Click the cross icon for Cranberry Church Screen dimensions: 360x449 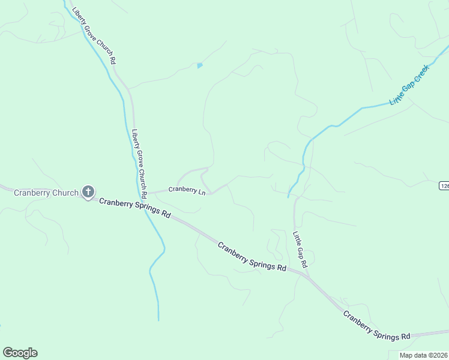pos(88,193)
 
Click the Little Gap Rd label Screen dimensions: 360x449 pos(300,250)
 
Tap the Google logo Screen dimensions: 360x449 pos(20,353)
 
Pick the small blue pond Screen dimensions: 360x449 pos(200,65)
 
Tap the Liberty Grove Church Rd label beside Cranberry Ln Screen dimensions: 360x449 pos(139,164)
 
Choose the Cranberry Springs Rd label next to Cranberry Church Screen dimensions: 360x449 pos(135,208)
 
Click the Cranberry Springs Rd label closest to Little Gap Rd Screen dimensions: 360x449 pos(252,256)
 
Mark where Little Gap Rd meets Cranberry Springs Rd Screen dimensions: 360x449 pos(307,277)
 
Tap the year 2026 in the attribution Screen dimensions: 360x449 pos(439,355)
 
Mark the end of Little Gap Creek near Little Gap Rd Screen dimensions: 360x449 pos(289,196)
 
